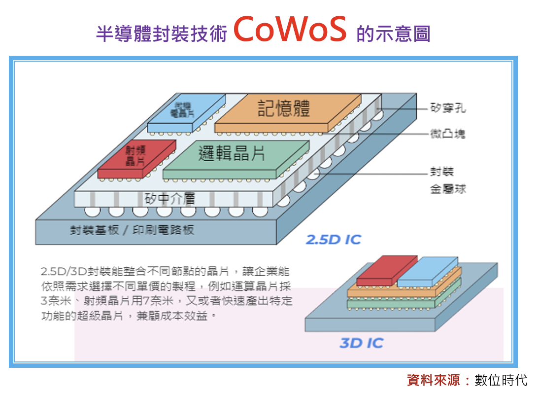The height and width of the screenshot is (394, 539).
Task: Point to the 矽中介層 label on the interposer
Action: point(170,199)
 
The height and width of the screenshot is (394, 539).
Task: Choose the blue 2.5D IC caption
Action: point(334,240)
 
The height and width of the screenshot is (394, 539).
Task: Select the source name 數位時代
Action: point(501,380)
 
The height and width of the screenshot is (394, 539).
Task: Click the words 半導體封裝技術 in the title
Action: point(161,34)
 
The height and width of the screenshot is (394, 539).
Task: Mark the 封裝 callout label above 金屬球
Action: point(441,172)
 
